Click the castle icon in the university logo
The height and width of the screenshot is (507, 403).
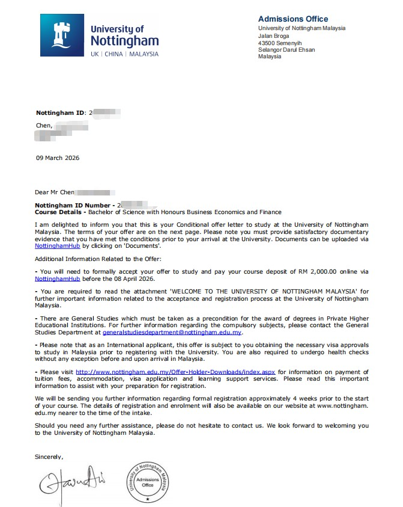[x=63, y=34]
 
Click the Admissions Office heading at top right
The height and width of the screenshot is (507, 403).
[x=292, y=19]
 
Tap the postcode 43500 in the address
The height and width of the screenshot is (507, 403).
[x=267, y=43]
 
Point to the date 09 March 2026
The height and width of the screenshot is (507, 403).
[x=58, y=158]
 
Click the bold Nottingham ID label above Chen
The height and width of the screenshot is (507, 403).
[x=61, y=112]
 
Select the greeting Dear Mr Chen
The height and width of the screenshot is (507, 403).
[x=55, y=192]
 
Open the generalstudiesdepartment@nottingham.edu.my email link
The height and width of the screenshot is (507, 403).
[x=172, y=332]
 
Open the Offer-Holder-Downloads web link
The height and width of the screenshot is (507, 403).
[x=175, y=372]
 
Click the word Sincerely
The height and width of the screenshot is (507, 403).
[x=49, y=456]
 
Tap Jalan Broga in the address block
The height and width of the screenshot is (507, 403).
[x=273, y=35]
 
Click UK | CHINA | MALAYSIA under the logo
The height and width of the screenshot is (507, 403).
[x=124, y=54]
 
